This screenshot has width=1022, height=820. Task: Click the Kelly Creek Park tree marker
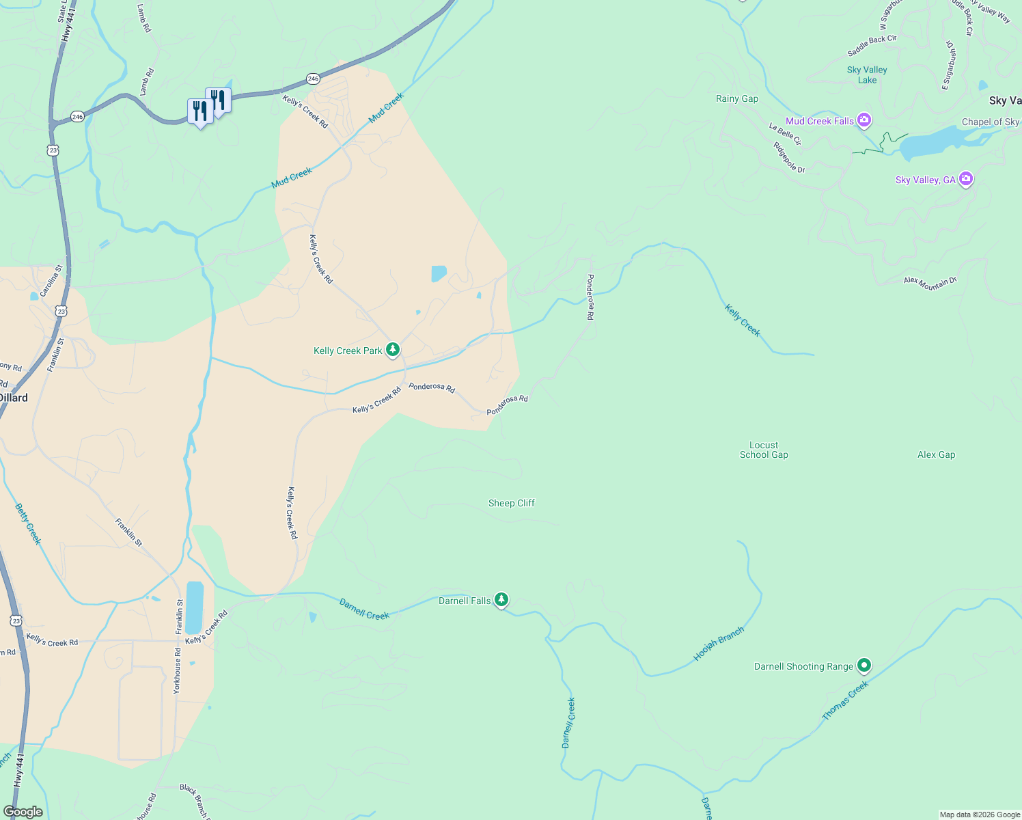click(392, 350)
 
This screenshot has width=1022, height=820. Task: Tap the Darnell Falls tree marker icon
click(501, 600)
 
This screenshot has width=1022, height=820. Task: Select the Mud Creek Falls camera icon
click(864, 121)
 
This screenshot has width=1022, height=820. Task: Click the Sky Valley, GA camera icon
click(965, 179)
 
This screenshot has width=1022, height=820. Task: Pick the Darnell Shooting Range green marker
click(864, 665)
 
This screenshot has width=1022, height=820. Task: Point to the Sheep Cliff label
click(511, 503)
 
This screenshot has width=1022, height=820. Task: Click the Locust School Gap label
click(764, 450)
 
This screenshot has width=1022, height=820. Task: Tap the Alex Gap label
click(936, 454)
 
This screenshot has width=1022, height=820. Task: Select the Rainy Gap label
click(736, 98)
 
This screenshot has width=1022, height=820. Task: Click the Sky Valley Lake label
click(867, 74)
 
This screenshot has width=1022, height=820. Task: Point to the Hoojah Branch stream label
click(718, 644)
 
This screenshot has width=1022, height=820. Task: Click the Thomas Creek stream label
click(845, 700)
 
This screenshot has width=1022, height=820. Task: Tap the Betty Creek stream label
click(28, 524)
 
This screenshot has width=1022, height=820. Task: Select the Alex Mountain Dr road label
click(930, 282)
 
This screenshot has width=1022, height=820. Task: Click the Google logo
click(23, 811)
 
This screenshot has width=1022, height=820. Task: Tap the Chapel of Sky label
click(990, 122)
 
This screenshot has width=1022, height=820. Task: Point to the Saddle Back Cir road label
click(872, 46)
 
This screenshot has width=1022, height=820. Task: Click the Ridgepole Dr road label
click(789, 157)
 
